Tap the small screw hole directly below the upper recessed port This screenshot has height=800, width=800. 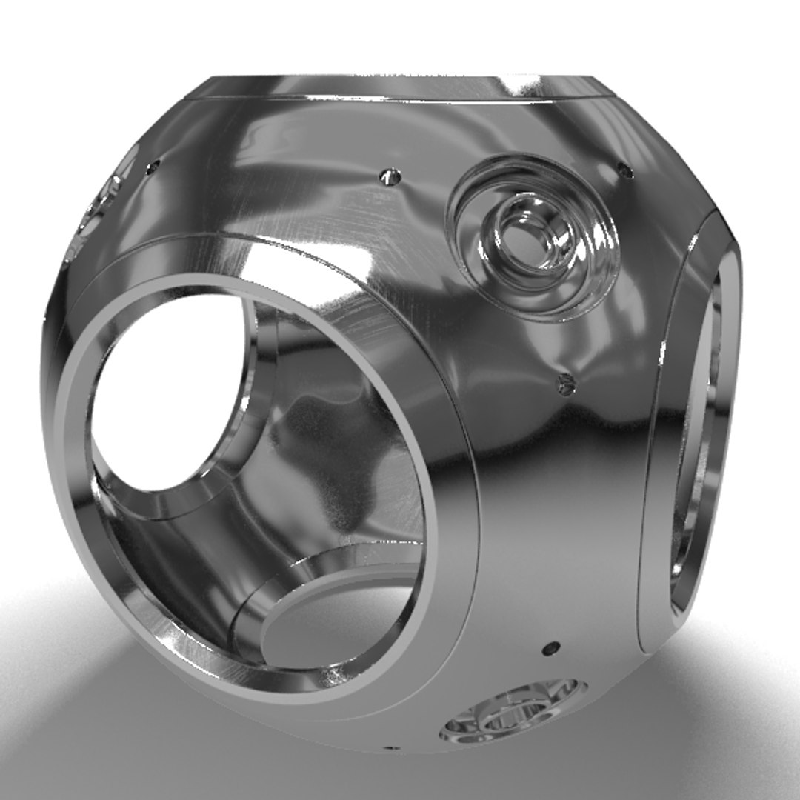point(565,383)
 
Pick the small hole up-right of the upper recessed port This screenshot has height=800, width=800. point(625,171)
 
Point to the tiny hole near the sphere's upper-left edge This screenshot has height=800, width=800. point(153,167)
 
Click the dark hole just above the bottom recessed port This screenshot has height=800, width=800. point(549,648)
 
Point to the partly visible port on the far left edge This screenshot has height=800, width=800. point(104,204)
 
